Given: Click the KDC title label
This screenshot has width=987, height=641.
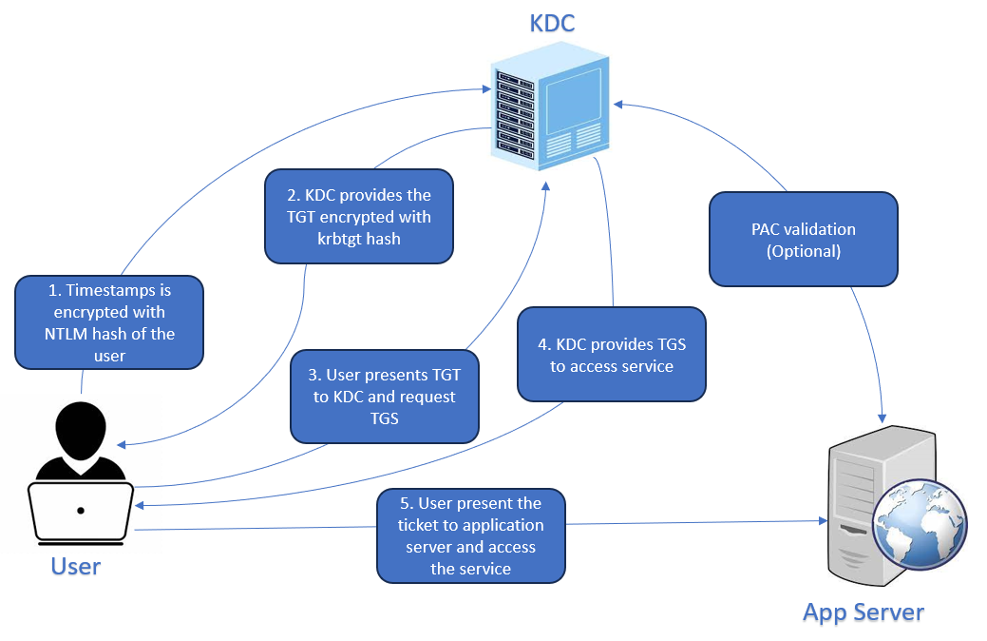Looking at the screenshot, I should (552, 23).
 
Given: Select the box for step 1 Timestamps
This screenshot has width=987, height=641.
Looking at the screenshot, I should (109, 322).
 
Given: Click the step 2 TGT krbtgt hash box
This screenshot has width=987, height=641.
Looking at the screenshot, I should (359, 217).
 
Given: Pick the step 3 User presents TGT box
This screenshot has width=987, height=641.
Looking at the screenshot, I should (384, 397).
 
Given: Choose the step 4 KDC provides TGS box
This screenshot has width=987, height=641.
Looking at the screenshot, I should (612, 354).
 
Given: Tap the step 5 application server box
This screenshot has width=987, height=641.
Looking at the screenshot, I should (470, 535).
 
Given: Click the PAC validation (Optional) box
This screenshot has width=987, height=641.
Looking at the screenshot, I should (803, 240).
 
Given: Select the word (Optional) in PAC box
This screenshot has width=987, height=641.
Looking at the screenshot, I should (803, 252).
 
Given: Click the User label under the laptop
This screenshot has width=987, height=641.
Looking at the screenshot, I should (76, 567).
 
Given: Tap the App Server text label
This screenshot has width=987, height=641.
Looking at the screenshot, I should (863, 612).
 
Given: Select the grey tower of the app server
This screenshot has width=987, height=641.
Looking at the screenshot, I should (860, 509).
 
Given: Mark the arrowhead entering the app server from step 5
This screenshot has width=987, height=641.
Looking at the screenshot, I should (823, 520).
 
